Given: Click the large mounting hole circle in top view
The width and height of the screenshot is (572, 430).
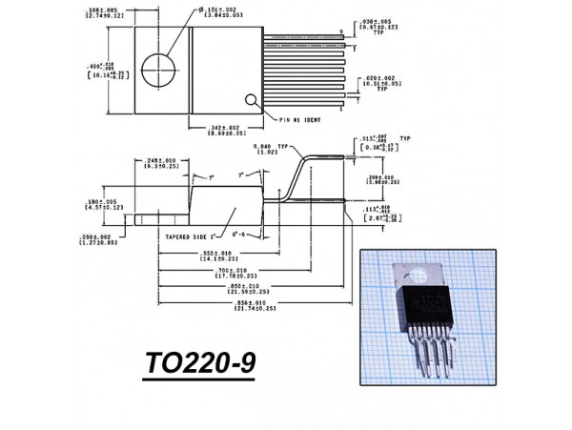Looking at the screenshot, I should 160,70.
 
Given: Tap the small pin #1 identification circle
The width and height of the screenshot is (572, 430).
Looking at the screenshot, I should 252,99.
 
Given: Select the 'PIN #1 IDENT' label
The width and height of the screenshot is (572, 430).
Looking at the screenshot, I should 303,120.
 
